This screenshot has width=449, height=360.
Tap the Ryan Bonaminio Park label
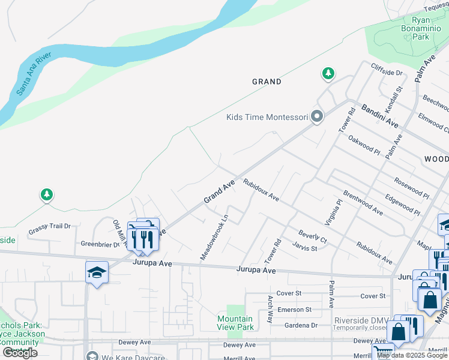(x=412, y=28)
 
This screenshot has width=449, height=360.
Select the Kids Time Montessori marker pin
(x=317, y=117)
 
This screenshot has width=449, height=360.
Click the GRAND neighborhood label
(x=267, y=82)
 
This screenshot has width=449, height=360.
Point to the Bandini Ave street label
(x=379, y=116)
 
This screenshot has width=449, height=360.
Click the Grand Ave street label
(x=218, y=193)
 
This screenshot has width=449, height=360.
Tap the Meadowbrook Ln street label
(x=214, y=238)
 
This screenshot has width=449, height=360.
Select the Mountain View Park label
(x=235, y=323)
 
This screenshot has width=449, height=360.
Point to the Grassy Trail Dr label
(x=50, y=226)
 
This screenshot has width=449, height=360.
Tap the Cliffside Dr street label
(x=387, y=72)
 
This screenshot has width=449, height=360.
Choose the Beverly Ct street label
(x=312, y=236)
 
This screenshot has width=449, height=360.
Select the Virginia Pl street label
(x=333, y=212)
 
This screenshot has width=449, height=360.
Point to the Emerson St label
(x=295, y=310)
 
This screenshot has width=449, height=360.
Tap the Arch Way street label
(x=270, y=309)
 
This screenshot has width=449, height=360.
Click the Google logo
(x=20, y=353)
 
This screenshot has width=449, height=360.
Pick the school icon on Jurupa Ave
(x=97, y=273)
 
